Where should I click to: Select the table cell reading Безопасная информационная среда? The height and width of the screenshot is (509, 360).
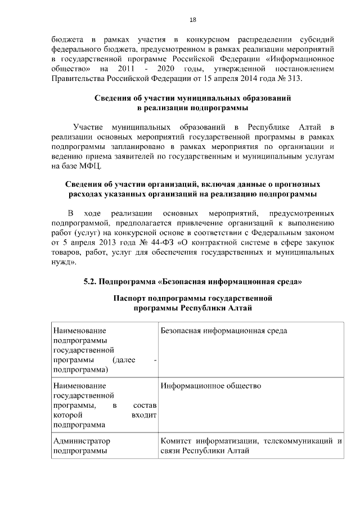[x=223, y=331]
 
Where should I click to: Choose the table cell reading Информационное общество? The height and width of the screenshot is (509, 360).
[x=211, y=387]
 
